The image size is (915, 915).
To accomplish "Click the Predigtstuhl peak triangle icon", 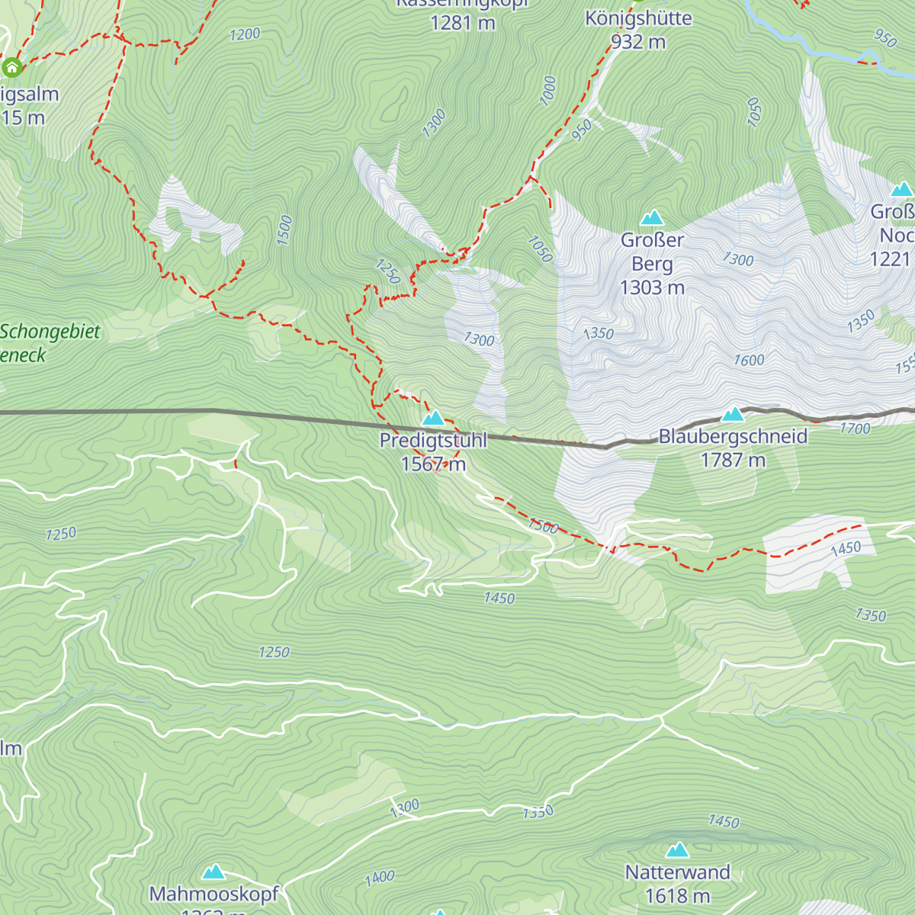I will tap(433, 418).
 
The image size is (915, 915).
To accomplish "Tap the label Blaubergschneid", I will tap(733, 437).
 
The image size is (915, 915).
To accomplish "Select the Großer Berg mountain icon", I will tap(652, 219).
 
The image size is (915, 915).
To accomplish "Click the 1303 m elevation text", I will tap(652, 287).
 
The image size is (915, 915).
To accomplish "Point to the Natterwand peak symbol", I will tap(677, 850).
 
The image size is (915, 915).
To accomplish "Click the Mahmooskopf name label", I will tap(214, 894).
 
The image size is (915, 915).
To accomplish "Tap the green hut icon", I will tap(11, 68).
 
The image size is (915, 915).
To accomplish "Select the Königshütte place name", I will tap(638, 18).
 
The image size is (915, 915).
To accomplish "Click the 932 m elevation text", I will tap(638, 42).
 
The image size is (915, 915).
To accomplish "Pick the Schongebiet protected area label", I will tap(50, 332).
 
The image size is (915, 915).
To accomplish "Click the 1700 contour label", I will tap(855, 429).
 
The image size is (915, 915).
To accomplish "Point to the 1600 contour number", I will tap(749, 360).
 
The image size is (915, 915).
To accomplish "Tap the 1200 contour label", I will tap(245, 34).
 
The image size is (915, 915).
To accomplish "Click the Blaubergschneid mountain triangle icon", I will tap(733, 414).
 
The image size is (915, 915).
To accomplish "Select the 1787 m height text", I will tap(733, 460).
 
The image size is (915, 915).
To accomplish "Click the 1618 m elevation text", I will tap(677, 896).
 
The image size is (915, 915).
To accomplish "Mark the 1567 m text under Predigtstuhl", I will tap(433, 464).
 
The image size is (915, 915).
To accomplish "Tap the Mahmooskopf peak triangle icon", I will tap(213, 872).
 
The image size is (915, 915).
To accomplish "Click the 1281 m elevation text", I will tap(462, 23).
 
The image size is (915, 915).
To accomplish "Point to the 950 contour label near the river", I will tap(885, 37).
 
